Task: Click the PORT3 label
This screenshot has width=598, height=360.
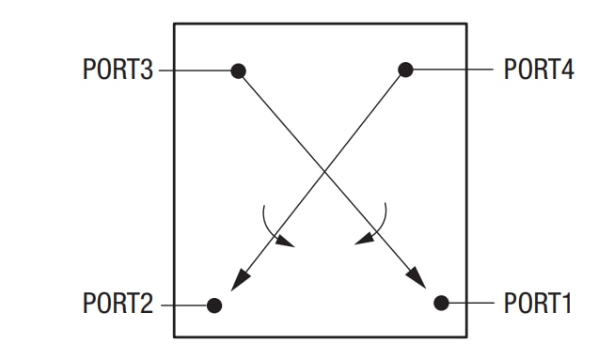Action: (118, 70)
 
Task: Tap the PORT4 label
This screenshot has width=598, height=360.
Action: (539, 70)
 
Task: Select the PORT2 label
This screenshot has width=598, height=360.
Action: (118, 305)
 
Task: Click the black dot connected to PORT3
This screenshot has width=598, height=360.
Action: (239, 70)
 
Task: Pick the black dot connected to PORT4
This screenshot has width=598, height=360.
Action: (405, 70)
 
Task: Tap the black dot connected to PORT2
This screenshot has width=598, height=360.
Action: (214, 305)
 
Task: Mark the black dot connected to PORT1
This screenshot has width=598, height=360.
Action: (441, 303)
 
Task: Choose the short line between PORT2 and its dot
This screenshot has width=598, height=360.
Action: (183, 305)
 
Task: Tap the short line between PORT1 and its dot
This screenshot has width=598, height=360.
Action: (470, 303)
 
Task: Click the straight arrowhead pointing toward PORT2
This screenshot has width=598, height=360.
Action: (240, 277)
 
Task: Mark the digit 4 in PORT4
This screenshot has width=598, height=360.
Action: (567, 70)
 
